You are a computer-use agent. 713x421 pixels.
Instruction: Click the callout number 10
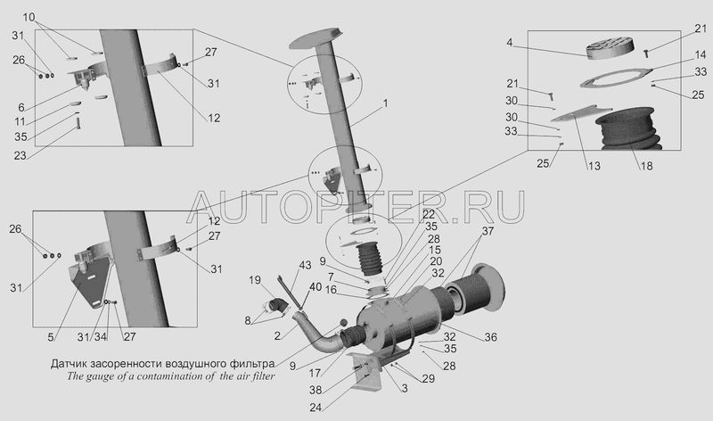(x=29, y=17)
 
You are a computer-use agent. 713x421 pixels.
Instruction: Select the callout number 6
(x=21, y=107)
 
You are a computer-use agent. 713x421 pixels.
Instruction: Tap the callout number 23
(x=20, y=156)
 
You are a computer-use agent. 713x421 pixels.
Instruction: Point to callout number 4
(x=509, y=43)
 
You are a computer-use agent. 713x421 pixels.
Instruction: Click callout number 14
(x=701, y=55)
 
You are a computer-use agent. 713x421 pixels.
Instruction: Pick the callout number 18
(x=646, y=166)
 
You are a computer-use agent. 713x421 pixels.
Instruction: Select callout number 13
(x=594, y=166)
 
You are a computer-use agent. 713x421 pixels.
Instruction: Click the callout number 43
(x=305, y=265)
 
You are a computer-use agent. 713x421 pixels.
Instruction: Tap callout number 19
(x=255, y=280)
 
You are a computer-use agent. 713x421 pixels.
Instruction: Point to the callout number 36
(x=491, y=337)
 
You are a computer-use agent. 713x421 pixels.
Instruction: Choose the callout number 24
(x=316, y=408)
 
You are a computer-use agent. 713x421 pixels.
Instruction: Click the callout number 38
(x=316, y=390)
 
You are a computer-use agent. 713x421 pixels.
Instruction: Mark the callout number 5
(x=51, y=337)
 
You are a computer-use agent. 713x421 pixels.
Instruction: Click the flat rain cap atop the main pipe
(x=315, y=38)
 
